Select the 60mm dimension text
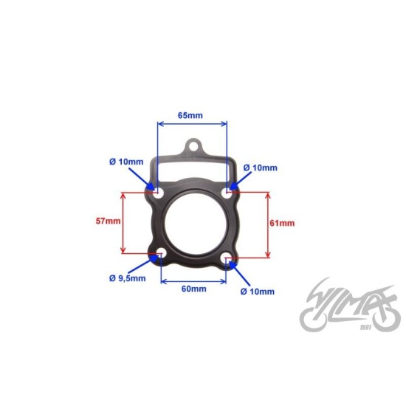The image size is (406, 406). [194, 289]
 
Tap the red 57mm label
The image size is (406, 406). [107, 221]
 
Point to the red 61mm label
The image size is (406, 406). [283, 223]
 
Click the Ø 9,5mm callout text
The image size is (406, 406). [127, 278]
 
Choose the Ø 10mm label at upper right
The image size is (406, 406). [259, 168]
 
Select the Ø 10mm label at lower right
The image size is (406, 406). [257, 292]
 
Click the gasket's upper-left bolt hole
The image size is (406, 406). [158, 191]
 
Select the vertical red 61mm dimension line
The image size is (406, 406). [268, 224]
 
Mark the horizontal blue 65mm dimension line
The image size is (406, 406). [193, 125]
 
